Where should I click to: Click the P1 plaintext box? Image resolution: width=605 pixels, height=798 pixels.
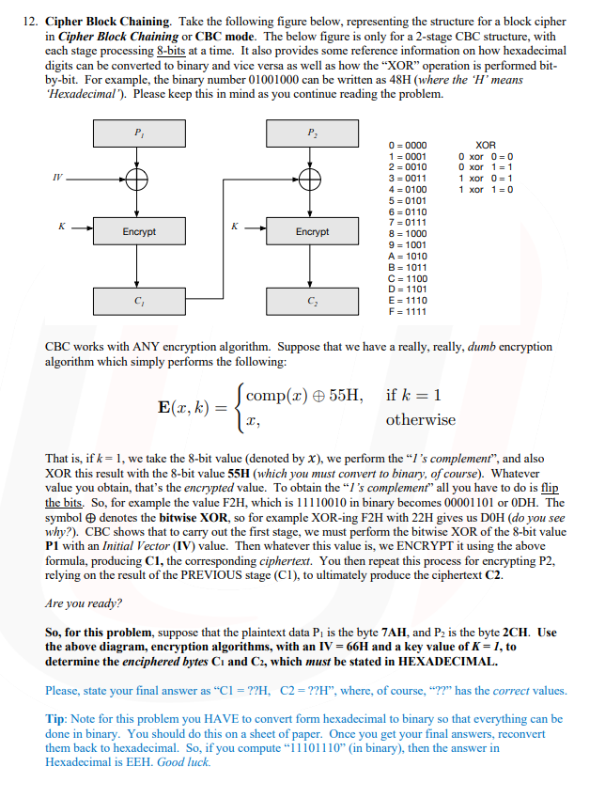pyautogui.click(x=139, y=134)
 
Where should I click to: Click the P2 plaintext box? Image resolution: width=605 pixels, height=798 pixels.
pyautogui.click(x=312, y=134)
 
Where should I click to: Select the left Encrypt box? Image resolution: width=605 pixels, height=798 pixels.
pyautogui.click(x=139, y=231)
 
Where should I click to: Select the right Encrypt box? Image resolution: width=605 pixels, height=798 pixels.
pyautogui.click(x=312, y=231)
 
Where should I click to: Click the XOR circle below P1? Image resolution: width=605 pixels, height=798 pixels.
pyautogui.click(x=139, y=179)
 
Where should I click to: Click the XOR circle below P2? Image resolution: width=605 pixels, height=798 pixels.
pyautogui.click(x=312, y=179)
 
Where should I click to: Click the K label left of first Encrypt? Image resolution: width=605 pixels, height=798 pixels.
pyautogui.click(x=61, y=226)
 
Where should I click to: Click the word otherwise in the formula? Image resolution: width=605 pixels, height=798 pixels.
pyautogui.click(x=421, y=420)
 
